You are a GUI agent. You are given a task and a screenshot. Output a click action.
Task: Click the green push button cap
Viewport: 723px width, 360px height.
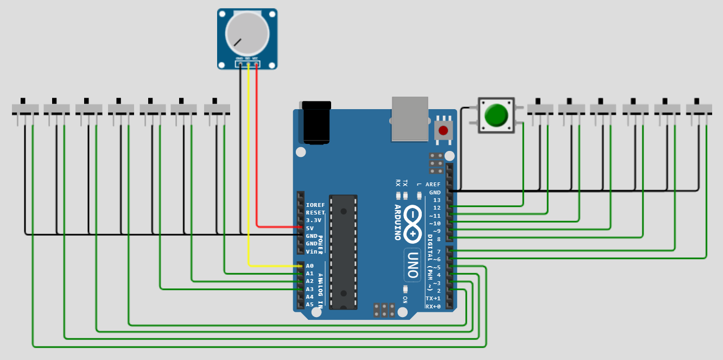496,115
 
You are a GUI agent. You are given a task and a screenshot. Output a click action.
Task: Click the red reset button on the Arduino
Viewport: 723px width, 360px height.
443,130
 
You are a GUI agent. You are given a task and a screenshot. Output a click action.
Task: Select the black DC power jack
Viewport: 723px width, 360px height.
316,122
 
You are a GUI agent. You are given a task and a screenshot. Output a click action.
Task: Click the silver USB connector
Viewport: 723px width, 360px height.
410,118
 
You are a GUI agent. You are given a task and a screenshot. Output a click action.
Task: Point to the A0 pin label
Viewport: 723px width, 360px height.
309,266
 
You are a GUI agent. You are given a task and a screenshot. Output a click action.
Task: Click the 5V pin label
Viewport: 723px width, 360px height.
309,229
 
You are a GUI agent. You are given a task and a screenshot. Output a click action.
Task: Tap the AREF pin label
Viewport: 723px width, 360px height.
433,185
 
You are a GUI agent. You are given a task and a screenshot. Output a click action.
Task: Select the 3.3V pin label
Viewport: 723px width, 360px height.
314,220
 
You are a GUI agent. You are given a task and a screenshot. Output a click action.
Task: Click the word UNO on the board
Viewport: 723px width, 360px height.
413,266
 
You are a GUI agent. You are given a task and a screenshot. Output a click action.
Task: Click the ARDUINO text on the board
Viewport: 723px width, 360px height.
397,222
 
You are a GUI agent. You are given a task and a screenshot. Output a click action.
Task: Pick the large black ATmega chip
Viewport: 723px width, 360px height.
343,252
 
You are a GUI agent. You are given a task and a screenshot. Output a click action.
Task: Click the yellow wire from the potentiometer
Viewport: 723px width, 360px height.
249,163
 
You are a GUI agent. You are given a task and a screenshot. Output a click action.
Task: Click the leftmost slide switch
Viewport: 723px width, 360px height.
25,109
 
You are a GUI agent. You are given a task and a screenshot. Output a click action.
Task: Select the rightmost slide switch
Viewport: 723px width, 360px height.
699,109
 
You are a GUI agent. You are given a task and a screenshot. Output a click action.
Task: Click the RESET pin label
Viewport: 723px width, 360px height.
315,213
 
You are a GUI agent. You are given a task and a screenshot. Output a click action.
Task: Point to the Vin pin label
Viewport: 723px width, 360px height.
312,251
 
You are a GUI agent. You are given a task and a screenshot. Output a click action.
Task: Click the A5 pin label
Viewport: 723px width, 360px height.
309,305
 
